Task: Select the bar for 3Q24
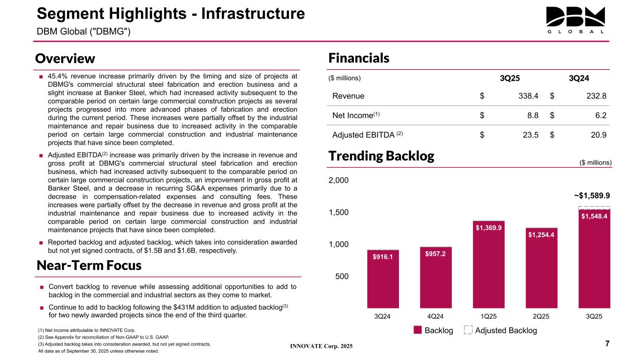pyautogui.click(x=383, y=278)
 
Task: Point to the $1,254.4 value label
pyautogui.click(x=542, y=234)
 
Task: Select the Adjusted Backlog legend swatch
pyautogui.click(x=467, y=330)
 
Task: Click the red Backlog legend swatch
pyautogui.click(x=418, y=330)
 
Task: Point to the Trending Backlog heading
pyautogui.click(x=381, y=156)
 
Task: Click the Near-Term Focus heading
pyautogui.click(x=89, y=265)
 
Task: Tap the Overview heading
pyautogui.click(x=65, y=59)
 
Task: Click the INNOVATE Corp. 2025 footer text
pyautogui.click(x=321, y=346)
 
